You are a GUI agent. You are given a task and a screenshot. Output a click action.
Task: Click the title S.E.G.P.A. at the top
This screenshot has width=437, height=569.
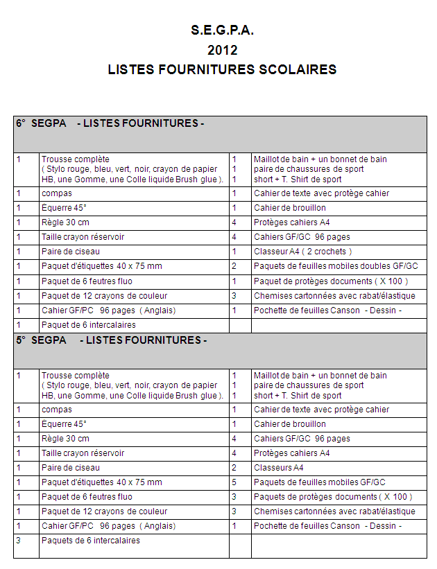click(223, 30)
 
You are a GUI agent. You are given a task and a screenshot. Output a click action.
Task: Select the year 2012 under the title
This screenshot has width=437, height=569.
click(223, 50)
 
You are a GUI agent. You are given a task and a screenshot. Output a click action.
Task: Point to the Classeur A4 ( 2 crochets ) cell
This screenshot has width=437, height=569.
click(302, 252)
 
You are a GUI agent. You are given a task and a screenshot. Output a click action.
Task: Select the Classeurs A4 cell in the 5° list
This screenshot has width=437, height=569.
click(279, 468)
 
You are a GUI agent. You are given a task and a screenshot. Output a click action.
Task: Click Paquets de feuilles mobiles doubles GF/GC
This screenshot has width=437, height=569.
click(336, 266)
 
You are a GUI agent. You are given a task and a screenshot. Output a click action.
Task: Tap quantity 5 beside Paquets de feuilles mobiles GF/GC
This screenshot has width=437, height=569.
click(234, 482)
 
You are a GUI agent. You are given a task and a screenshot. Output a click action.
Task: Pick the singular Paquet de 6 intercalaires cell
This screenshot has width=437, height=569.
click(88, 325)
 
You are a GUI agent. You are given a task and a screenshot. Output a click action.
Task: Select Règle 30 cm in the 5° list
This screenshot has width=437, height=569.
click(65, 439)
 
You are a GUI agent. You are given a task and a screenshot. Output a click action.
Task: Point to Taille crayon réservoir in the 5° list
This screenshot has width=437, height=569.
click(83, 453)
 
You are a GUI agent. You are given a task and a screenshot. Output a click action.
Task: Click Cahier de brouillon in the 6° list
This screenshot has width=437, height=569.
click(289, 208)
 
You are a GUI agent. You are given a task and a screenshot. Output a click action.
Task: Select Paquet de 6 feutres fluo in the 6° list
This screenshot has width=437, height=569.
click(87, 281)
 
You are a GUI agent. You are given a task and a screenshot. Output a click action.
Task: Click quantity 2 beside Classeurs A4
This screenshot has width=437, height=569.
click(234, 468)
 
